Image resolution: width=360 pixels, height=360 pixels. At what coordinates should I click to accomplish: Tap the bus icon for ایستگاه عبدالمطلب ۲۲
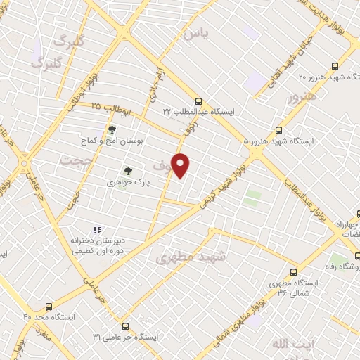point(199,101)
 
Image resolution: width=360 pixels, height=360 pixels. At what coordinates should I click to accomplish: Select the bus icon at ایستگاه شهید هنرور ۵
point(279,130)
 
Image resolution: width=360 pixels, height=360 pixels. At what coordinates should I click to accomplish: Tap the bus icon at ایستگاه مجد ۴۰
point(49,307)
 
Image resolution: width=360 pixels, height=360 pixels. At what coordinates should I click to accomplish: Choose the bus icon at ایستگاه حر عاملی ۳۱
point(125,326)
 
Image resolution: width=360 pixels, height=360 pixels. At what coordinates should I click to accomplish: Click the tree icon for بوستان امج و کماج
point(111,129)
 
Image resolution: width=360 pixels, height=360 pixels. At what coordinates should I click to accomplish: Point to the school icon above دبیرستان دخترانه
point(98,230)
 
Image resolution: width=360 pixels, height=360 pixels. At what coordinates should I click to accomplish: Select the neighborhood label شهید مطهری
point(191,257)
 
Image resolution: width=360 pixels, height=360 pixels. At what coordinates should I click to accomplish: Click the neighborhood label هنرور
point(298,99)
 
